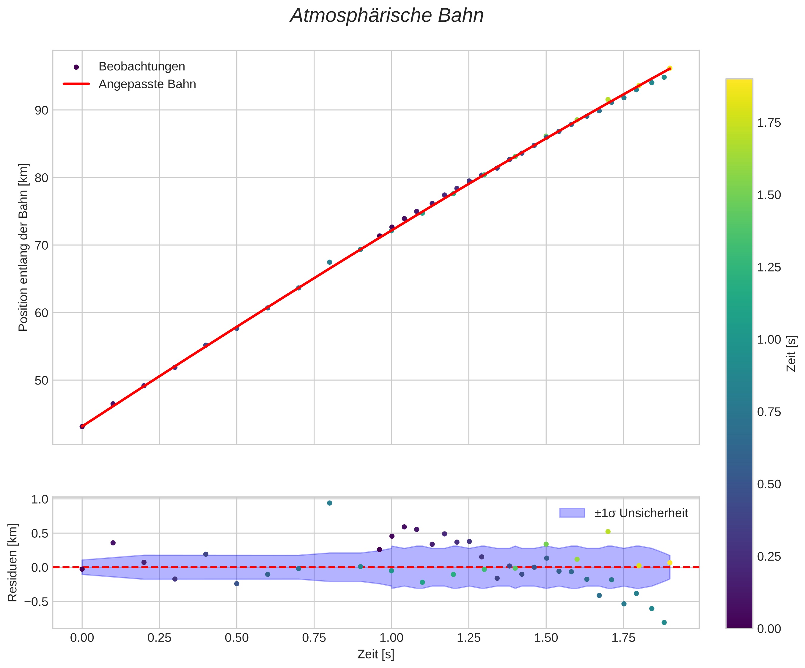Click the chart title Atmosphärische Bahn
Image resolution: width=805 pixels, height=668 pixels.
point(387,16)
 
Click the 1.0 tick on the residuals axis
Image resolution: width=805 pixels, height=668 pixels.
point(39,499)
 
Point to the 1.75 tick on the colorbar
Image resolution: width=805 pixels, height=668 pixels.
point(768,123)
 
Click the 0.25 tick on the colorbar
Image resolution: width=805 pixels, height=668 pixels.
point(768,557)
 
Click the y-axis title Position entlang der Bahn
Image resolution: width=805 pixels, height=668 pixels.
point(23,247)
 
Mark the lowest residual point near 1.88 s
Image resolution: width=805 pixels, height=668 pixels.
point(664,622)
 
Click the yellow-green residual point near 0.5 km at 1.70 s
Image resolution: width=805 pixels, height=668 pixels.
point(608,531)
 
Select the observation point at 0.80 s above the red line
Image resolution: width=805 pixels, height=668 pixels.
point(329,262)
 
